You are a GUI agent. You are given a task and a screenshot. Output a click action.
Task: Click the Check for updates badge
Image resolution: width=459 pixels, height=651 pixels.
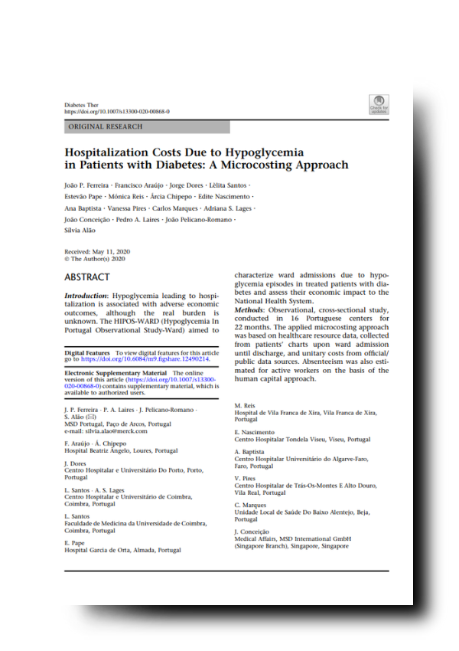pyautogui.click(x=379, y=105)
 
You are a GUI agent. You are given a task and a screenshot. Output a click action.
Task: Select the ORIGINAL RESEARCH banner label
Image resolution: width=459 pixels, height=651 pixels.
pyautogui.click(x=105, y=126)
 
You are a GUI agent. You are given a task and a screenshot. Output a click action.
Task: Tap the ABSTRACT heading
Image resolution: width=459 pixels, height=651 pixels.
pyautogui.click(x=87, y=277)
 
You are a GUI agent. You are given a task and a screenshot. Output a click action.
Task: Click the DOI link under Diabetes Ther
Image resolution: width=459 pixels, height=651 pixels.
pyautogui.click(x=117, y=112)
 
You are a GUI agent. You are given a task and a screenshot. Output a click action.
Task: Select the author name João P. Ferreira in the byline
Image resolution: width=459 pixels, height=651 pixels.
pyautogui.click(x=85, y=187)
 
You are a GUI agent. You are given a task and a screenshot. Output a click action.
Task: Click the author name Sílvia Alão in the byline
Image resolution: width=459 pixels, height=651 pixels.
pyautogui.click(x=80, y=230)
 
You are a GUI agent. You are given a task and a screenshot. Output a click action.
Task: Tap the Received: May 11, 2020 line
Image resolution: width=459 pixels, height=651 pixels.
pyautogui.click(x=97, y=251)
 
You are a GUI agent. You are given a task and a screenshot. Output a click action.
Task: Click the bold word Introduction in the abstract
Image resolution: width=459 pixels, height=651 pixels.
pyautogui.click(x=86, y=295)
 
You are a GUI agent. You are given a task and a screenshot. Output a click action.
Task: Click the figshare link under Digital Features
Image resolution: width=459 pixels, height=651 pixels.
pyautogui.click(x=142, y=358)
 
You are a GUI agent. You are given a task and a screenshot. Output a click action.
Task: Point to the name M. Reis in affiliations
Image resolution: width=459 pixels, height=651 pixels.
pyautogui.click(x=244, y=405)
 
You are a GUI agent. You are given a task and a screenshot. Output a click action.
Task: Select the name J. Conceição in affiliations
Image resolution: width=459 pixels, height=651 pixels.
pyautogui.click(x=252, y=532)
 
